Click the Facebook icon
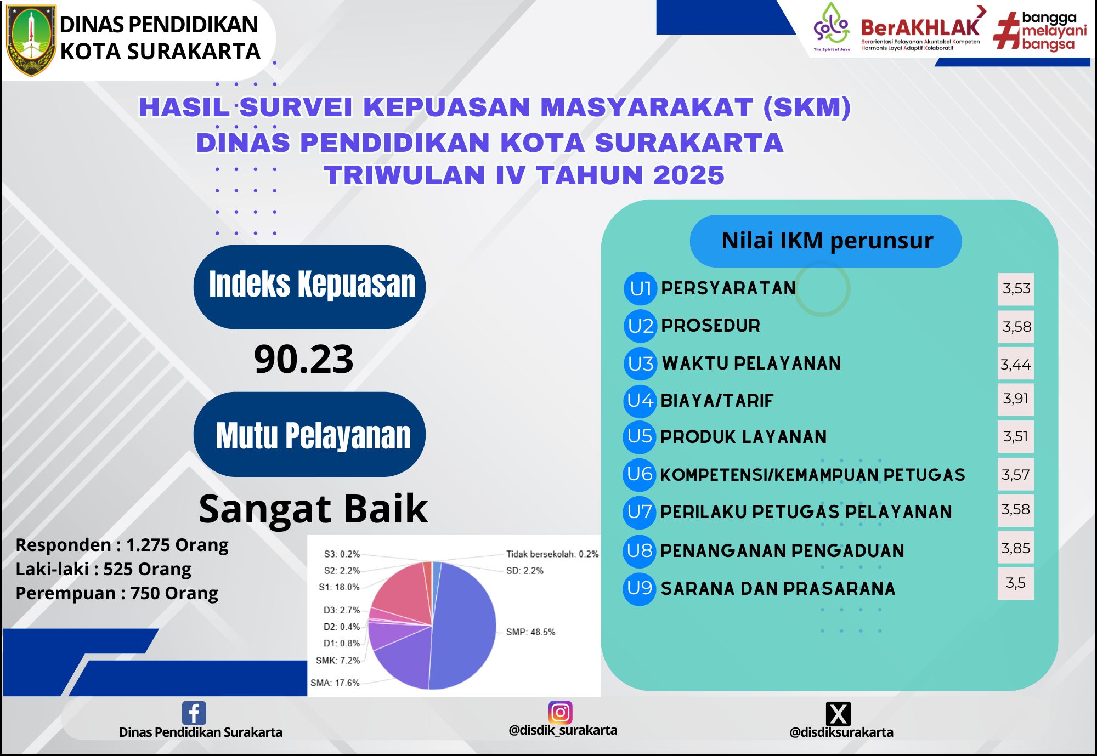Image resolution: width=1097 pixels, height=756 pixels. pos(194,713)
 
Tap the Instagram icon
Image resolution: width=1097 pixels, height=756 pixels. pos(560,712)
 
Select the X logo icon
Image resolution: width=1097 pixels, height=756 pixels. pos(838,714)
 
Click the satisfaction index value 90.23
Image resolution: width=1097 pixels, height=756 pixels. pos(303,360)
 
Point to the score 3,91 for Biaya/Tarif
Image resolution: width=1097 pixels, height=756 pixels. pos(1015,399)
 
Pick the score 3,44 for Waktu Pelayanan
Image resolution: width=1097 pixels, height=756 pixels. pos(1015,364)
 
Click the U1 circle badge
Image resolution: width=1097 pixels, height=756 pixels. pos(640,288)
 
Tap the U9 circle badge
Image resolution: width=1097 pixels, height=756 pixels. pos(640,588)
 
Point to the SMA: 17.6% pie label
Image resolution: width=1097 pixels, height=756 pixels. pos(335,683)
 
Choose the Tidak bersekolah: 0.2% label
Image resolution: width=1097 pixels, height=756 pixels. pos(552,554)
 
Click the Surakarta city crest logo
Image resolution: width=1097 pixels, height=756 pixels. pos(31,40)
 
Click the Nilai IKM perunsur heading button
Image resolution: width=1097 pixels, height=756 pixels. pos(825,241)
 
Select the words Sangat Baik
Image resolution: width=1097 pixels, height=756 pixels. pos(313,509)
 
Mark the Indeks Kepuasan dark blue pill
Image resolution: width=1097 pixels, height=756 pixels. pos(309,287)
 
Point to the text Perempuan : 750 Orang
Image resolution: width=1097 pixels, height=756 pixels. pos(117,593)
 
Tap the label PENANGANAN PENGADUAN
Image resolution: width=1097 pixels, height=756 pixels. pos(782,550)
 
